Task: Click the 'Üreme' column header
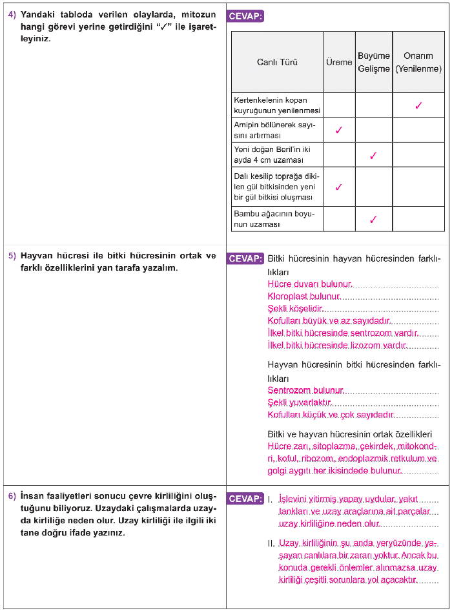[x=339, y=62]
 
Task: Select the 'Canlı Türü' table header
[x=277, y=62]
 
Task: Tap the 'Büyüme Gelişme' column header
[x=374, y=62]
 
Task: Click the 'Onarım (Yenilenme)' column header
[x=418, y=62]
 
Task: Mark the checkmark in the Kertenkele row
[x=418, y=105]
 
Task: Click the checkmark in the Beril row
[x=373, y=156]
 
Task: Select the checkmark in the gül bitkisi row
[x=339, y=187]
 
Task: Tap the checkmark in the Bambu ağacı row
[x=373, y=219]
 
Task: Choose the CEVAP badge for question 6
[x=245, y=499]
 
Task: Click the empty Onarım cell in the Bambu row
[x=418, y=219]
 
